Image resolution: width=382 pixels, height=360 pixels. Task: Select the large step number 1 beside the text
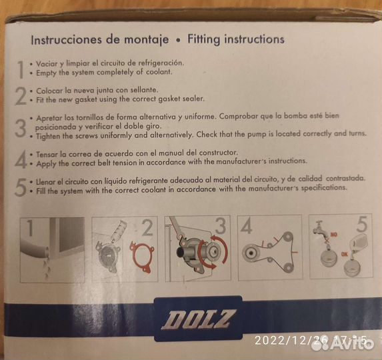click(x=20, y=68)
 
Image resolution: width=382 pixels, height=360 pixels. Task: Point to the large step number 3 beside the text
click(x=21, y=125)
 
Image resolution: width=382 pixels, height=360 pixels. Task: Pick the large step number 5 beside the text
click(x=21, y=188)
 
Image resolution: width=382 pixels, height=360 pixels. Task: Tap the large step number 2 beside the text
click(x=20, y=95)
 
